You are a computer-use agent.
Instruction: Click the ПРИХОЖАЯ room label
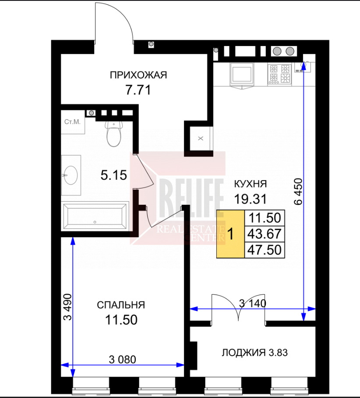(138, 75)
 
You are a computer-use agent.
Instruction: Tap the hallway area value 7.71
(138, 90)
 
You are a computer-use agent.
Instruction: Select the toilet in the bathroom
(114, 134)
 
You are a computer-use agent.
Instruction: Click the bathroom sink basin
(71, 175)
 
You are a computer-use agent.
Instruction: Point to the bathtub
(95, 216)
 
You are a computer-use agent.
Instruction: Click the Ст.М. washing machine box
(73, 122)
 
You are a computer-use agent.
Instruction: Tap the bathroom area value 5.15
(114, 175)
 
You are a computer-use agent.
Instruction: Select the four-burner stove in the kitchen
(279, 74)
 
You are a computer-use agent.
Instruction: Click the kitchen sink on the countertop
(242, 74)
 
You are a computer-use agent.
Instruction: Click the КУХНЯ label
(251, 184)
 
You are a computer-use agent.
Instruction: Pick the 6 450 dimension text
(298, 192)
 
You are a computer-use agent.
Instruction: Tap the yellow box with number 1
(230, 234)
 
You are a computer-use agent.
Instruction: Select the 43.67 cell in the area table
(265, 234)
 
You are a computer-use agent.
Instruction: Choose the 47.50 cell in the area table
(265, 250)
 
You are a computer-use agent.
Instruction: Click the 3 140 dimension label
(253, 303)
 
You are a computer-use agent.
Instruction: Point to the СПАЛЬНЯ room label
(121, 305)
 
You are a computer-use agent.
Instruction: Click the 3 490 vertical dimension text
(68, 307)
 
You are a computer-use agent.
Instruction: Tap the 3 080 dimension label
(123, 359)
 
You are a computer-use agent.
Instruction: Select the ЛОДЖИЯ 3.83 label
(255, 352)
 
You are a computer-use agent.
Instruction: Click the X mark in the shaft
(201, 139)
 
